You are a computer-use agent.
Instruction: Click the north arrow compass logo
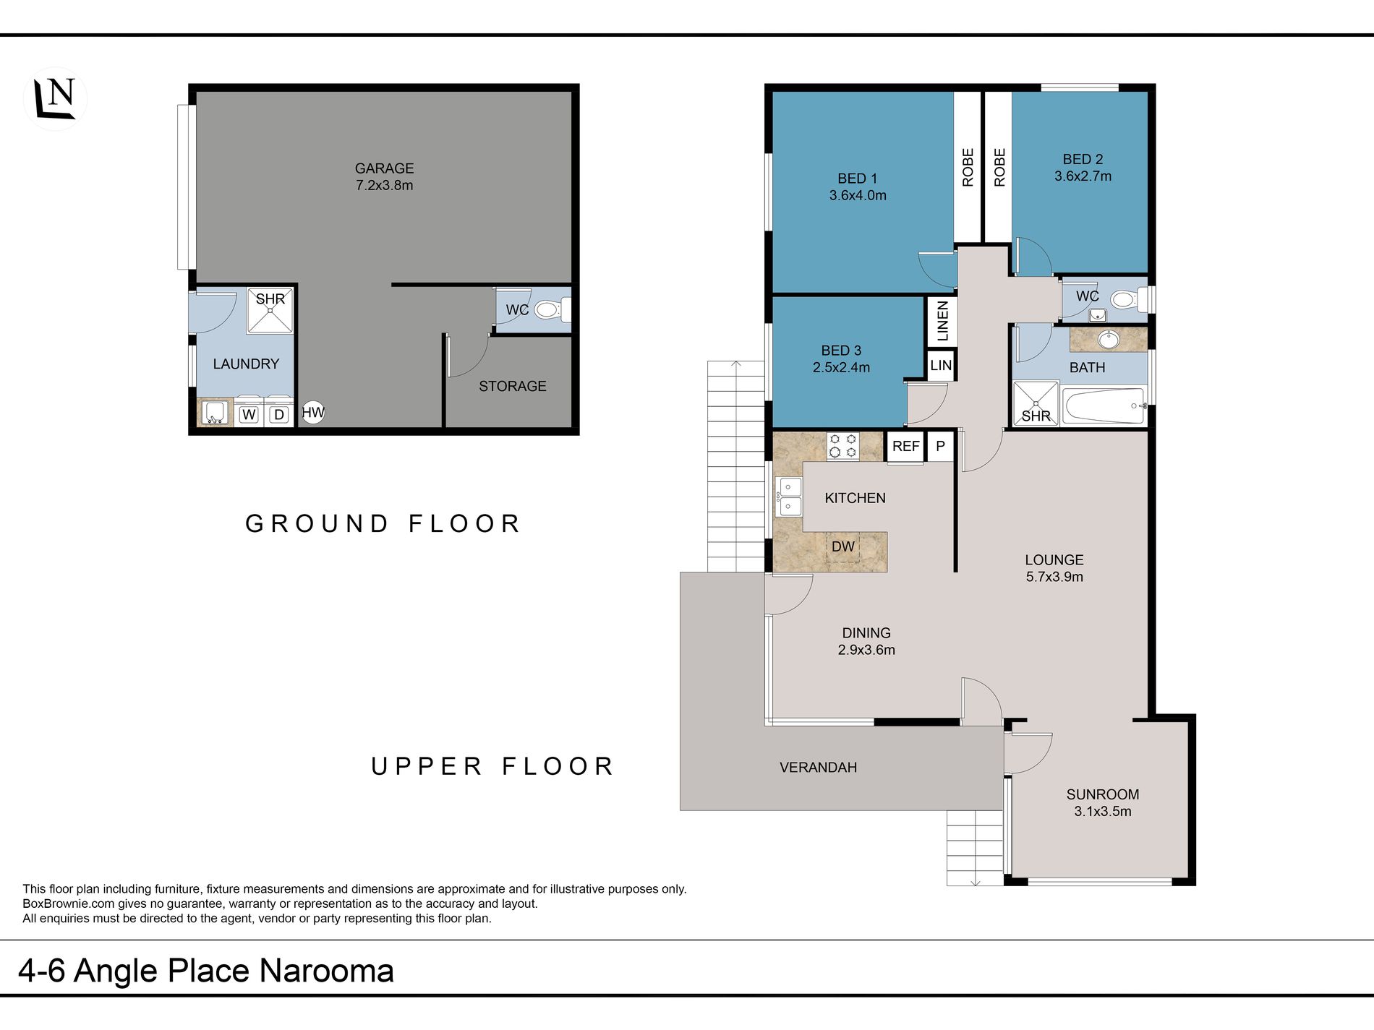point(56,99)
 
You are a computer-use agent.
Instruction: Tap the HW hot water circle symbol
point(313,413)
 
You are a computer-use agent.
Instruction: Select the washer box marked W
point(249,414)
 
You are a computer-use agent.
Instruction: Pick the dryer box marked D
point(279,414)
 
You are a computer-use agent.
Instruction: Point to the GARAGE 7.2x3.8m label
point(384,176)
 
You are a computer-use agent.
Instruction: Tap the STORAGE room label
point(512,386)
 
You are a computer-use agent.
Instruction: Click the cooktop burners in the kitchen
point(842,446)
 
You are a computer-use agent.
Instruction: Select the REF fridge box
point(905,447)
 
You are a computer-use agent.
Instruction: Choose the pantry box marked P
point(940,447)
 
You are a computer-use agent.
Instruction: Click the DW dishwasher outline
point(843,547)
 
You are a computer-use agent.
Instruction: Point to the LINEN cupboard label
point(942,321)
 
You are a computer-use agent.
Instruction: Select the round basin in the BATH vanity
point(1109,339)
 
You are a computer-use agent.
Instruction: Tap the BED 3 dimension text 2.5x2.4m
point(841,367)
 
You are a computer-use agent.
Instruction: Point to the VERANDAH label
point(818,768)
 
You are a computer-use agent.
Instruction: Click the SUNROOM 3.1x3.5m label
point(1103,802)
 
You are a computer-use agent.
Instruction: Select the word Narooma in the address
point(327,971)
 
